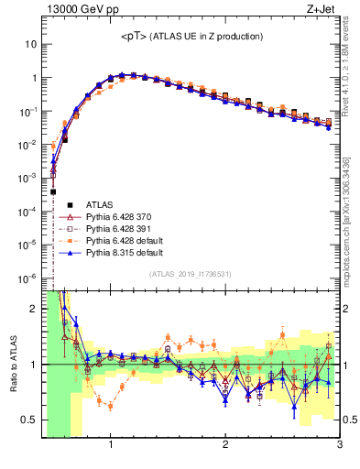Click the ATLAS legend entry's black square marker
pos(66,205)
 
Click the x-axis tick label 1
pos(111,445)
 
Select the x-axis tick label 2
pos(225,445)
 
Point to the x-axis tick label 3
pos(339,445)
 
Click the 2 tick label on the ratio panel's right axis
pos(346,309)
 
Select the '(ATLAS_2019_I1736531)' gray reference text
pos(191,275)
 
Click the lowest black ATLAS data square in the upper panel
pos(54,191)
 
